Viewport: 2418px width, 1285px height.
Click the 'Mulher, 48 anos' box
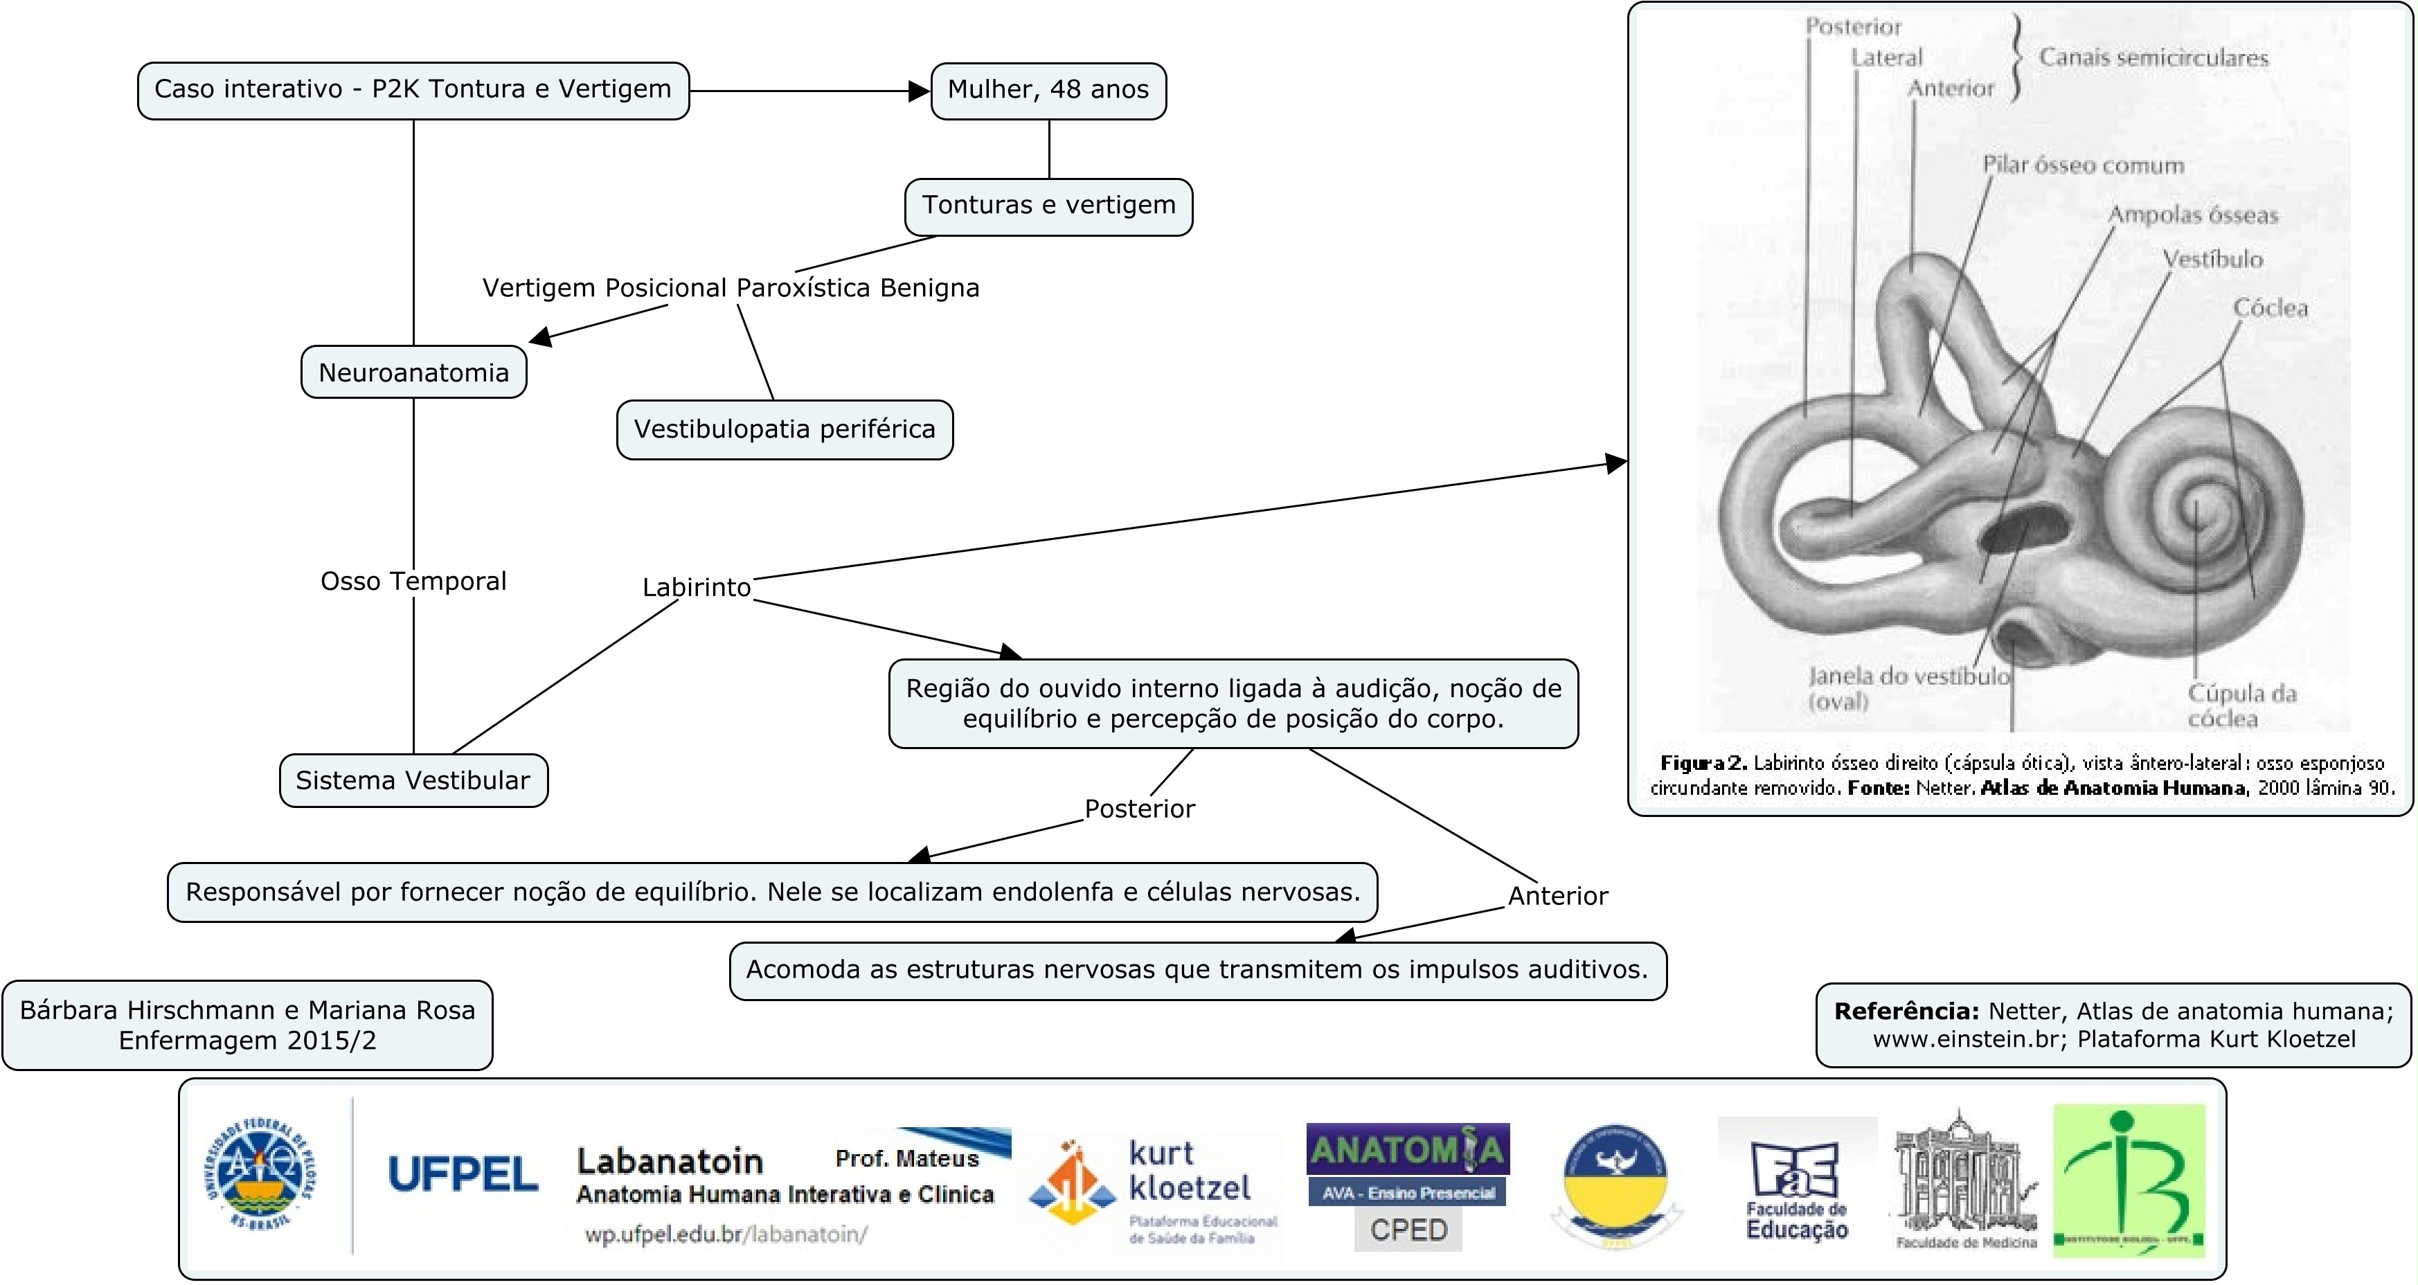click(x=1048, y=90)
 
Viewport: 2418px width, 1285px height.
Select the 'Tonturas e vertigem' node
click(x=1048, y=206)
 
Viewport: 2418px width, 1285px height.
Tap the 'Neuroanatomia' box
click(x=413, y=372)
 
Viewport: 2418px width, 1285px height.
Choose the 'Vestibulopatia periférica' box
click(x=784, y=429)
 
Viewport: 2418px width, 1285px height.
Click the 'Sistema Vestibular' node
click(x=413, y=780)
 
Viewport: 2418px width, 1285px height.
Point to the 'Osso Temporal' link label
click(x=413, y=581)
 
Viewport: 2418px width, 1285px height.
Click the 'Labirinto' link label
click(x=697, y=588)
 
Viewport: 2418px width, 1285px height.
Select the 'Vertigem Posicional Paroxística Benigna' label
click(x=731, y=287)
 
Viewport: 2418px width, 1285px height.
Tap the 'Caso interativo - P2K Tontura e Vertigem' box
click(x=413, y=90)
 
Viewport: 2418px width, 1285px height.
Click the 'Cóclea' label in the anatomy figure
click(x=2270, y=308)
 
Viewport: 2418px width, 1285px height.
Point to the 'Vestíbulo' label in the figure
click(x=2212, y=259)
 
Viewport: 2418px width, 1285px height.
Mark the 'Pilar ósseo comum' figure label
click(x=2083, y=165)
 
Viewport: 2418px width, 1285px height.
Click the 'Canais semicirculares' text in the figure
click(x=2153, y=58)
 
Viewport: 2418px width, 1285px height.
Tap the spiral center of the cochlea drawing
click(x=2196, y=512)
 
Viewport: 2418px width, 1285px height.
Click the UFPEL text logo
click(x=463, y=1174)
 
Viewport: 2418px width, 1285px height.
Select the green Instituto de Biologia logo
click(x=2128, y=1179)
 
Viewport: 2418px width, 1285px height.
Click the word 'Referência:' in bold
click(x=1906, y=1011)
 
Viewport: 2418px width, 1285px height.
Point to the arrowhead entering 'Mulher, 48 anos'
click(x=920, y=91)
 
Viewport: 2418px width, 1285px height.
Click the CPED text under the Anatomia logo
click(x=1408, y=1230)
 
